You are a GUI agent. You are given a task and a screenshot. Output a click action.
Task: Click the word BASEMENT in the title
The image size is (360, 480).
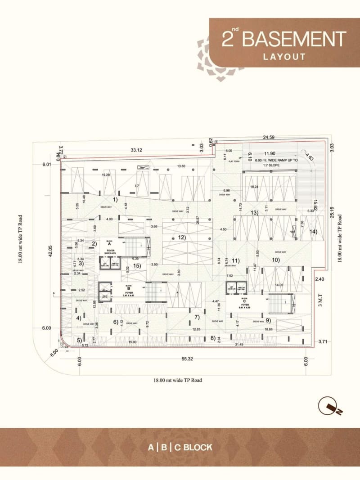294,39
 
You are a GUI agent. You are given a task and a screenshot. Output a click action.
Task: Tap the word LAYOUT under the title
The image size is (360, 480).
284,57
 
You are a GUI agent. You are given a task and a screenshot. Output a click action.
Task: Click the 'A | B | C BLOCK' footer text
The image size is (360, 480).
180,447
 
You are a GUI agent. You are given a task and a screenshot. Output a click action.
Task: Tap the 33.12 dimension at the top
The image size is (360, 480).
136,150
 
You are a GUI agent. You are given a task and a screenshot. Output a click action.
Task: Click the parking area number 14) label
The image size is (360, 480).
313,232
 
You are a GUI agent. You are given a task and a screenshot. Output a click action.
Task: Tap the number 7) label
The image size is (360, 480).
196,317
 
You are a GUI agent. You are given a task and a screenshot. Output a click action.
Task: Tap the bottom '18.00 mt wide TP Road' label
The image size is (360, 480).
178,380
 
